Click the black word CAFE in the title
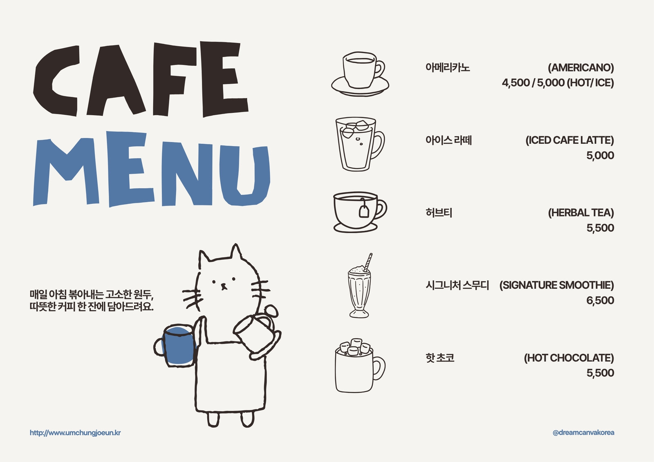141,79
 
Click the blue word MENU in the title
152,169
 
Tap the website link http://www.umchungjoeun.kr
75,433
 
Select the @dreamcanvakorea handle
583,433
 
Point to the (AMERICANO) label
581,68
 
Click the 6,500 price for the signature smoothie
600,300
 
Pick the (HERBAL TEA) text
581,213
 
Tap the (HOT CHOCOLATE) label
569,358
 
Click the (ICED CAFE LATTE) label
570,141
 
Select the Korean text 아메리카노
448,67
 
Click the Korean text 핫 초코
440,357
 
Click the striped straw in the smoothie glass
368,262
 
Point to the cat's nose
224,285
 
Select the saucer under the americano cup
360,87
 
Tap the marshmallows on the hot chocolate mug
355,347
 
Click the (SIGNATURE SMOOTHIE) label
556,285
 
